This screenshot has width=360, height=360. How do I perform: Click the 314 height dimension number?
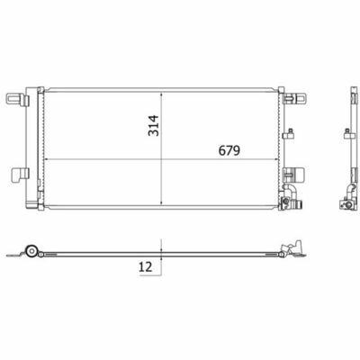(x=153, y=125)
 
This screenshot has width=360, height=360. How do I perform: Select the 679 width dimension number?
(x=229, y=150)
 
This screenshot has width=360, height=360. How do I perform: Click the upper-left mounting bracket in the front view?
(x=18, y=99)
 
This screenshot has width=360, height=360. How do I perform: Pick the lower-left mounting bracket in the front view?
(x=20, y=175)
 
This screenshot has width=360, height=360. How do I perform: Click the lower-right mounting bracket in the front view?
(x=294, y=174)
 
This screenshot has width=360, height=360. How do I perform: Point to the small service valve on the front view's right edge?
(x=288, y=134)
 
